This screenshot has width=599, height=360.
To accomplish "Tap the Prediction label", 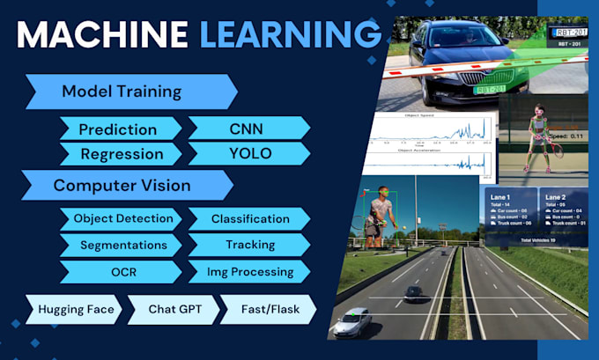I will (119, 129).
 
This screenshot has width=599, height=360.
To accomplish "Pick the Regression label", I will (122, 154).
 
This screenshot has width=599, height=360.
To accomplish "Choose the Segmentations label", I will (123, 245).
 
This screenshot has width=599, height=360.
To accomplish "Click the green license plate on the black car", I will (488, 90).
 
